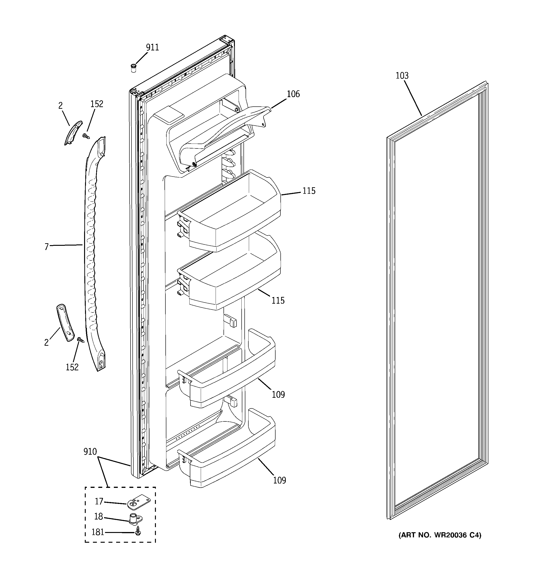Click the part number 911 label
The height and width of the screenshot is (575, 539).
(152, 47)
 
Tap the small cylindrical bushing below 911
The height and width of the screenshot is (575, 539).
(133, 69)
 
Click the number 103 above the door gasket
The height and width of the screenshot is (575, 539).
(402, 76)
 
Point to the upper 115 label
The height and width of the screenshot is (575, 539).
(309, 191)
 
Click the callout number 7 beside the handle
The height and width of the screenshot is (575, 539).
(46, 247)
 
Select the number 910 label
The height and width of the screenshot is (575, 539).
(90, 451)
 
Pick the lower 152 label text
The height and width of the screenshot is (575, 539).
(72, 367)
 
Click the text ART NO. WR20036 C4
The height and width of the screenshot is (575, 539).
(440, 535)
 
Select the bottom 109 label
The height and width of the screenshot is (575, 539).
(279, 480)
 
